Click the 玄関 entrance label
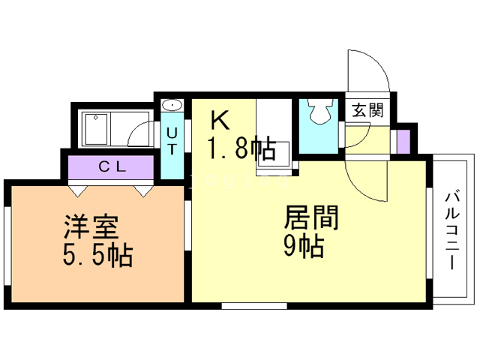click(x=367, y=111)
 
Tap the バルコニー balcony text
click(x=451, y=230)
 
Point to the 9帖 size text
click(x=304, y=246)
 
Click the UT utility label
click(x=172, y=140)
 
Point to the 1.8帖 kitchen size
click(x=240, y=148)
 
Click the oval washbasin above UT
click(x=171, y=105)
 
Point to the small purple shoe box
click(x=403, y=140)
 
